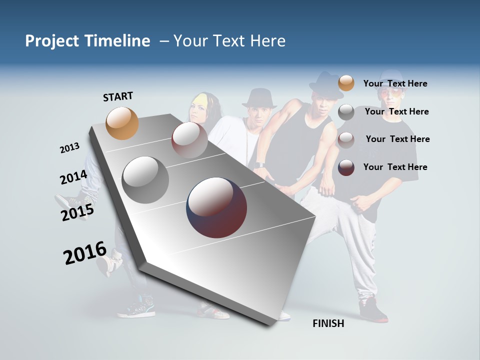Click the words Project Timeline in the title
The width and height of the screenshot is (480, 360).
click(87, 41)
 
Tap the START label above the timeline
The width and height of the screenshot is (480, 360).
click(118, 96)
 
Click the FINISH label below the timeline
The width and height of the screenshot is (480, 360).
click(328, 323)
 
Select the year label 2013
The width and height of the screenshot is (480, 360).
click(69, 148)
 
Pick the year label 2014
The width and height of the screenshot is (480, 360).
click(73, 177)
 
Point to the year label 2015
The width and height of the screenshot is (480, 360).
click(77, 212)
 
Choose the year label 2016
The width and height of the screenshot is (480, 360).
click(85, 253)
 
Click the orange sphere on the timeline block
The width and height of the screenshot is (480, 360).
click(122, 123)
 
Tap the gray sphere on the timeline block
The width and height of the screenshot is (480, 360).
click(145, 180)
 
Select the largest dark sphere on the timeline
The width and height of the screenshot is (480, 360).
click(216, 207)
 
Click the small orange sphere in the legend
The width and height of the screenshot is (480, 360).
click(346, 83)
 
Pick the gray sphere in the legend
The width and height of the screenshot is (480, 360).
click(346, 112)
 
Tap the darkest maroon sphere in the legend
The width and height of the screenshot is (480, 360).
click(346, 167)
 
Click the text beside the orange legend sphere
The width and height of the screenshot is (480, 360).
click(395, 83)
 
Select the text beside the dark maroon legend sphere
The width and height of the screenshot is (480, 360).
click(395, 167)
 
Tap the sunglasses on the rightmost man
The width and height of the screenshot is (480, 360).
click(391, 94)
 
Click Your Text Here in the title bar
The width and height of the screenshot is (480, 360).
click(229, 41)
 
